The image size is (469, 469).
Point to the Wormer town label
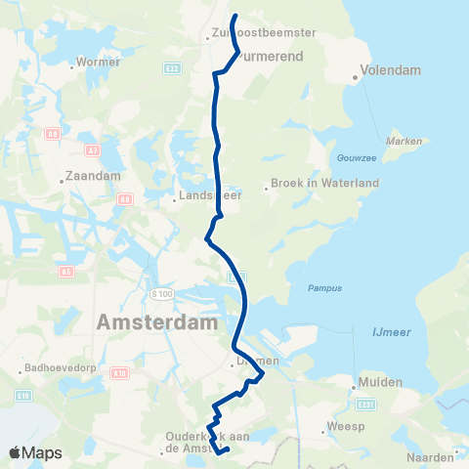[100, 62]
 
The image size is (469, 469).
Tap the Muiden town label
[381, 382]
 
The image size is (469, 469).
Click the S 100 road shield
[161, 293]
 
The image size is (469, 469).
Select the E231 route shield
[365, 404]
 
